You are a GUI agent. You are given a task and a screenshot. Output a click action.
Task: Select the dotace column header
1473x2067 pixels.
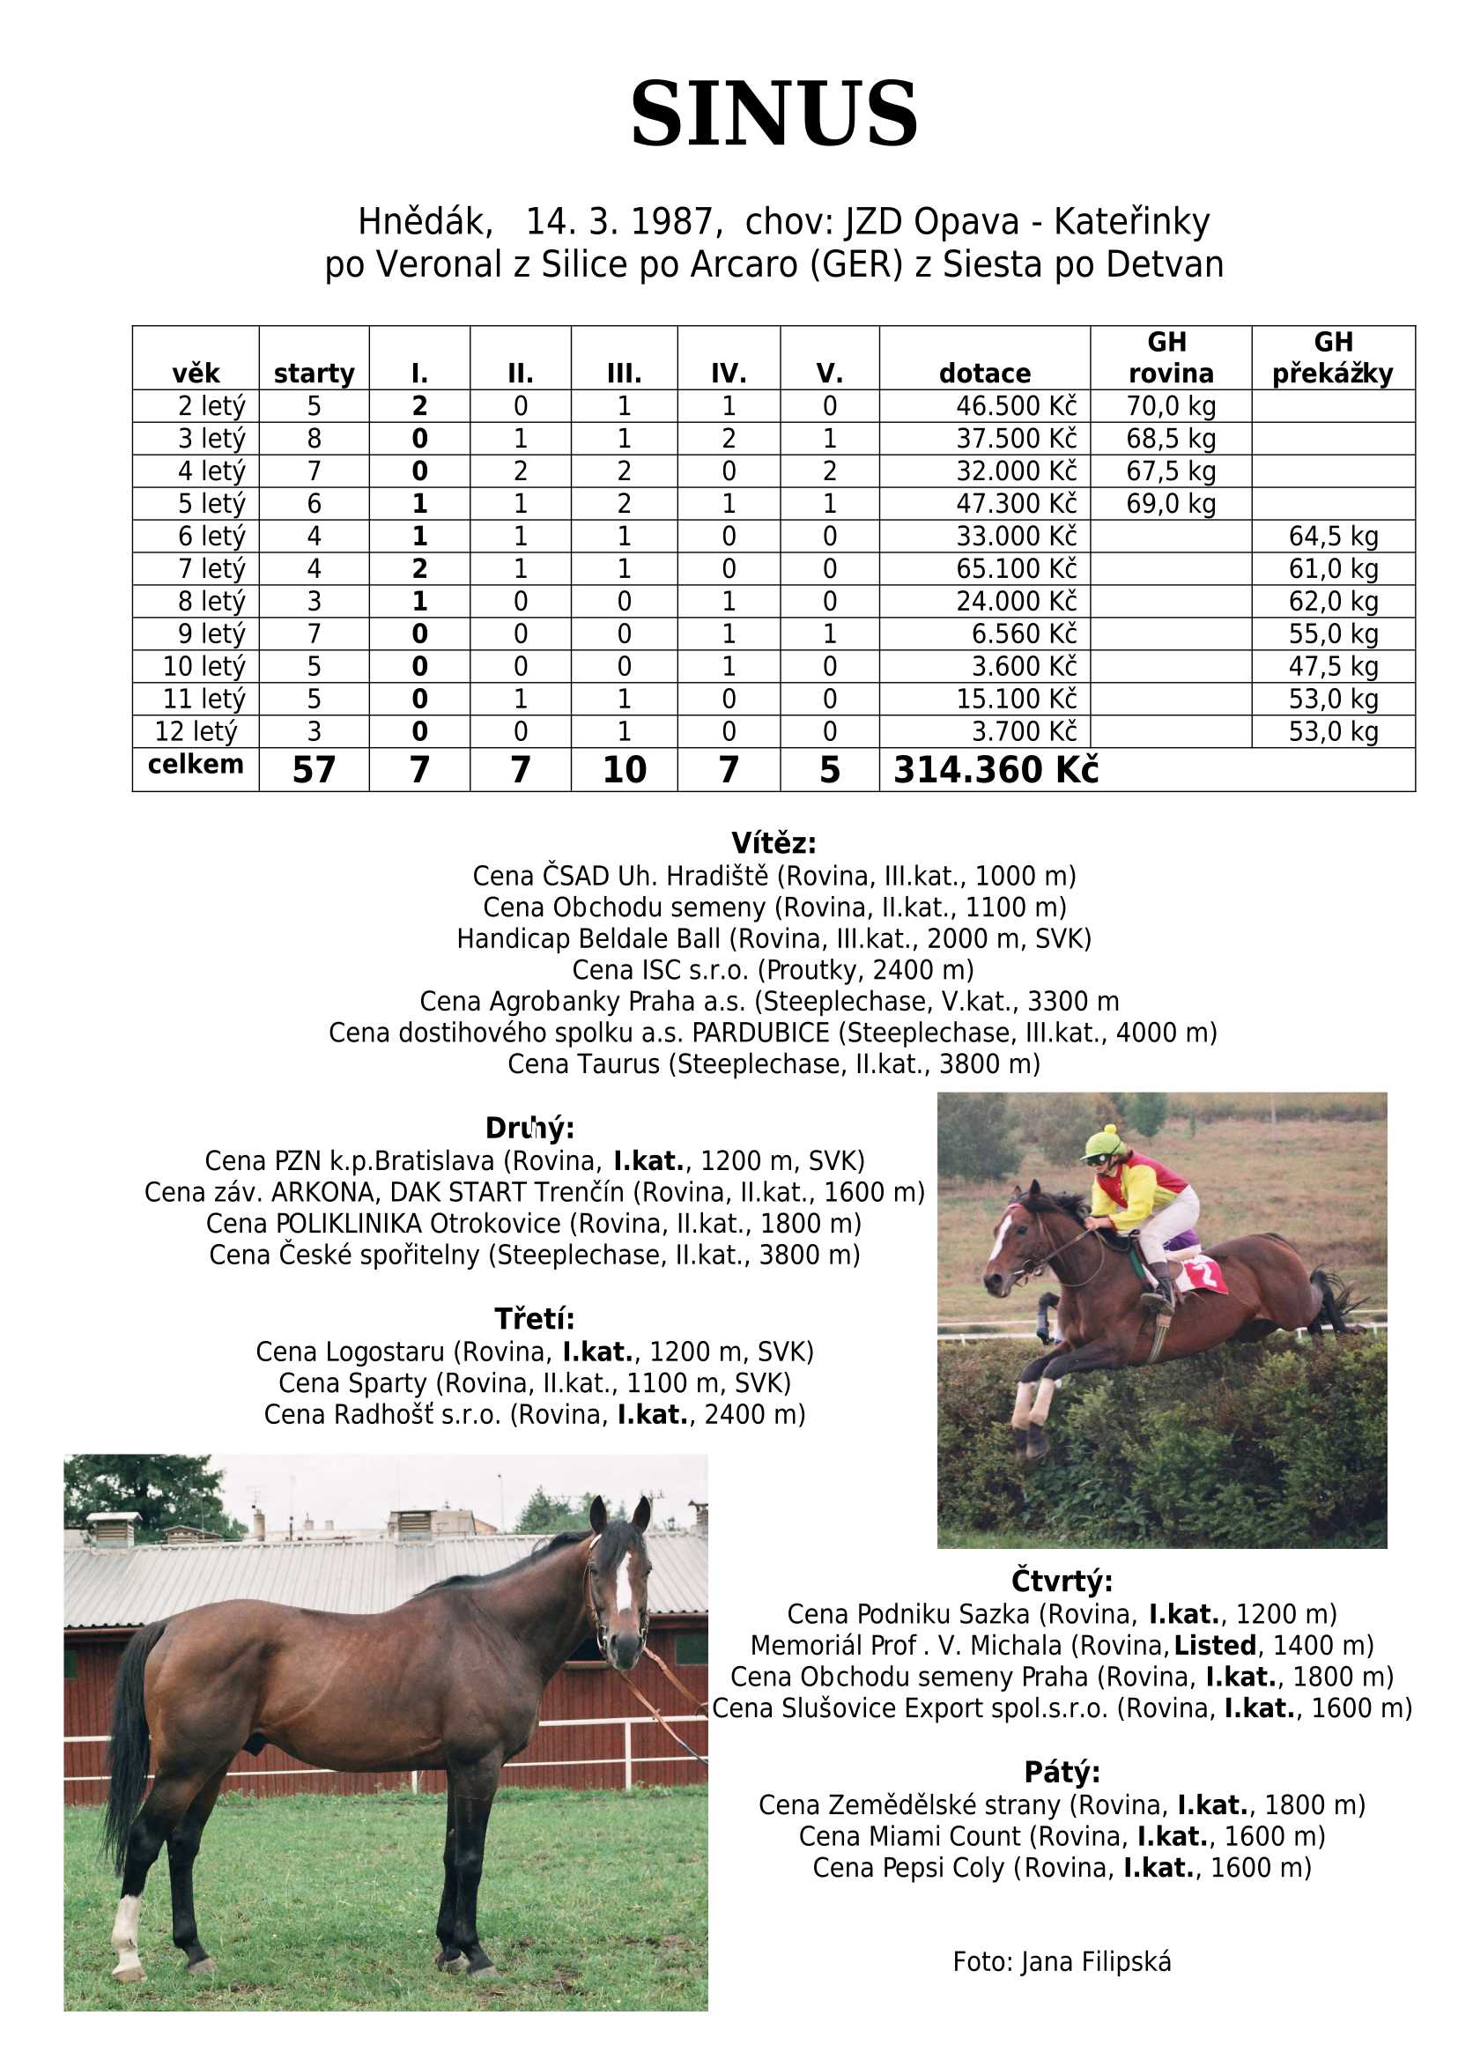pyautogui.click(x=984, y=373)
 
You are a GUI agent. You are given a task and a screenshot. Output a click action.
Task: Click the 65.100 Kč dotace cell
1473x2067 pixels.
pyautogui.click(x=1016, y=568)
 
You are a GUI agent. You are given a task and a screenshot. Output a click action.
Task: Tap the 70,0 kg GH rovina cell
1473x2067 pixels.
pyautogui.click(x=1170, y=405)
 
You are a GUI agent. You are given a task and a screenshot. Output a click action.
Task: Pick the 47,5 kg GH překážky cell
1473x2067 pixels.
pyautogui.click(x=1332, y=667)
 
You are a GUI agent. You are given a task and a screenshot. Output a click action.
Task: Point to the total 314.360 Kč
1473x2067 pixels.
pyautogui.click(x=995, y=769)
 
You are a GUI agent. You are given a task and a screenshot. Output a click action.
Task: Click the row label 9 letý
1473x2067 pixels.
pyautogui.click(x=211, y=634)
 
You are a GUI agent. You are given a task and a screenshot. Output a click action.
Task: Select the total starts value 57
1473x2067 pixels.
pyautogui.click(x=314, y=769)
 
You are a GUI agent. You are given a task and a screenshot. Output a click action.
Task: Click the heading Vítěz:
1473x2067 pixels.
pyautogui.click(x=774, y=843)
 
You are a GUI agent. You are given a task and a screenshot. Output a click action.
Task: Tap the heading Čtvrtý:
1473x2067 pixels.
pyautogui.click(x=1062, y=1581)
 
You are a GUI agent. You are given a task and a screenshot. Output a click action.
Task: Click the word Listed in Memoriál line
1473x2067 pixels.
pyautogui.click(x=1215, y=1644)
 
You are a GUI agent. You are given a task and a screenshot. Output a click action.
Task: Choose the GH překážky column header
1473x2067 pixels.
pyautogui.click(x=1332, y=358)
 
